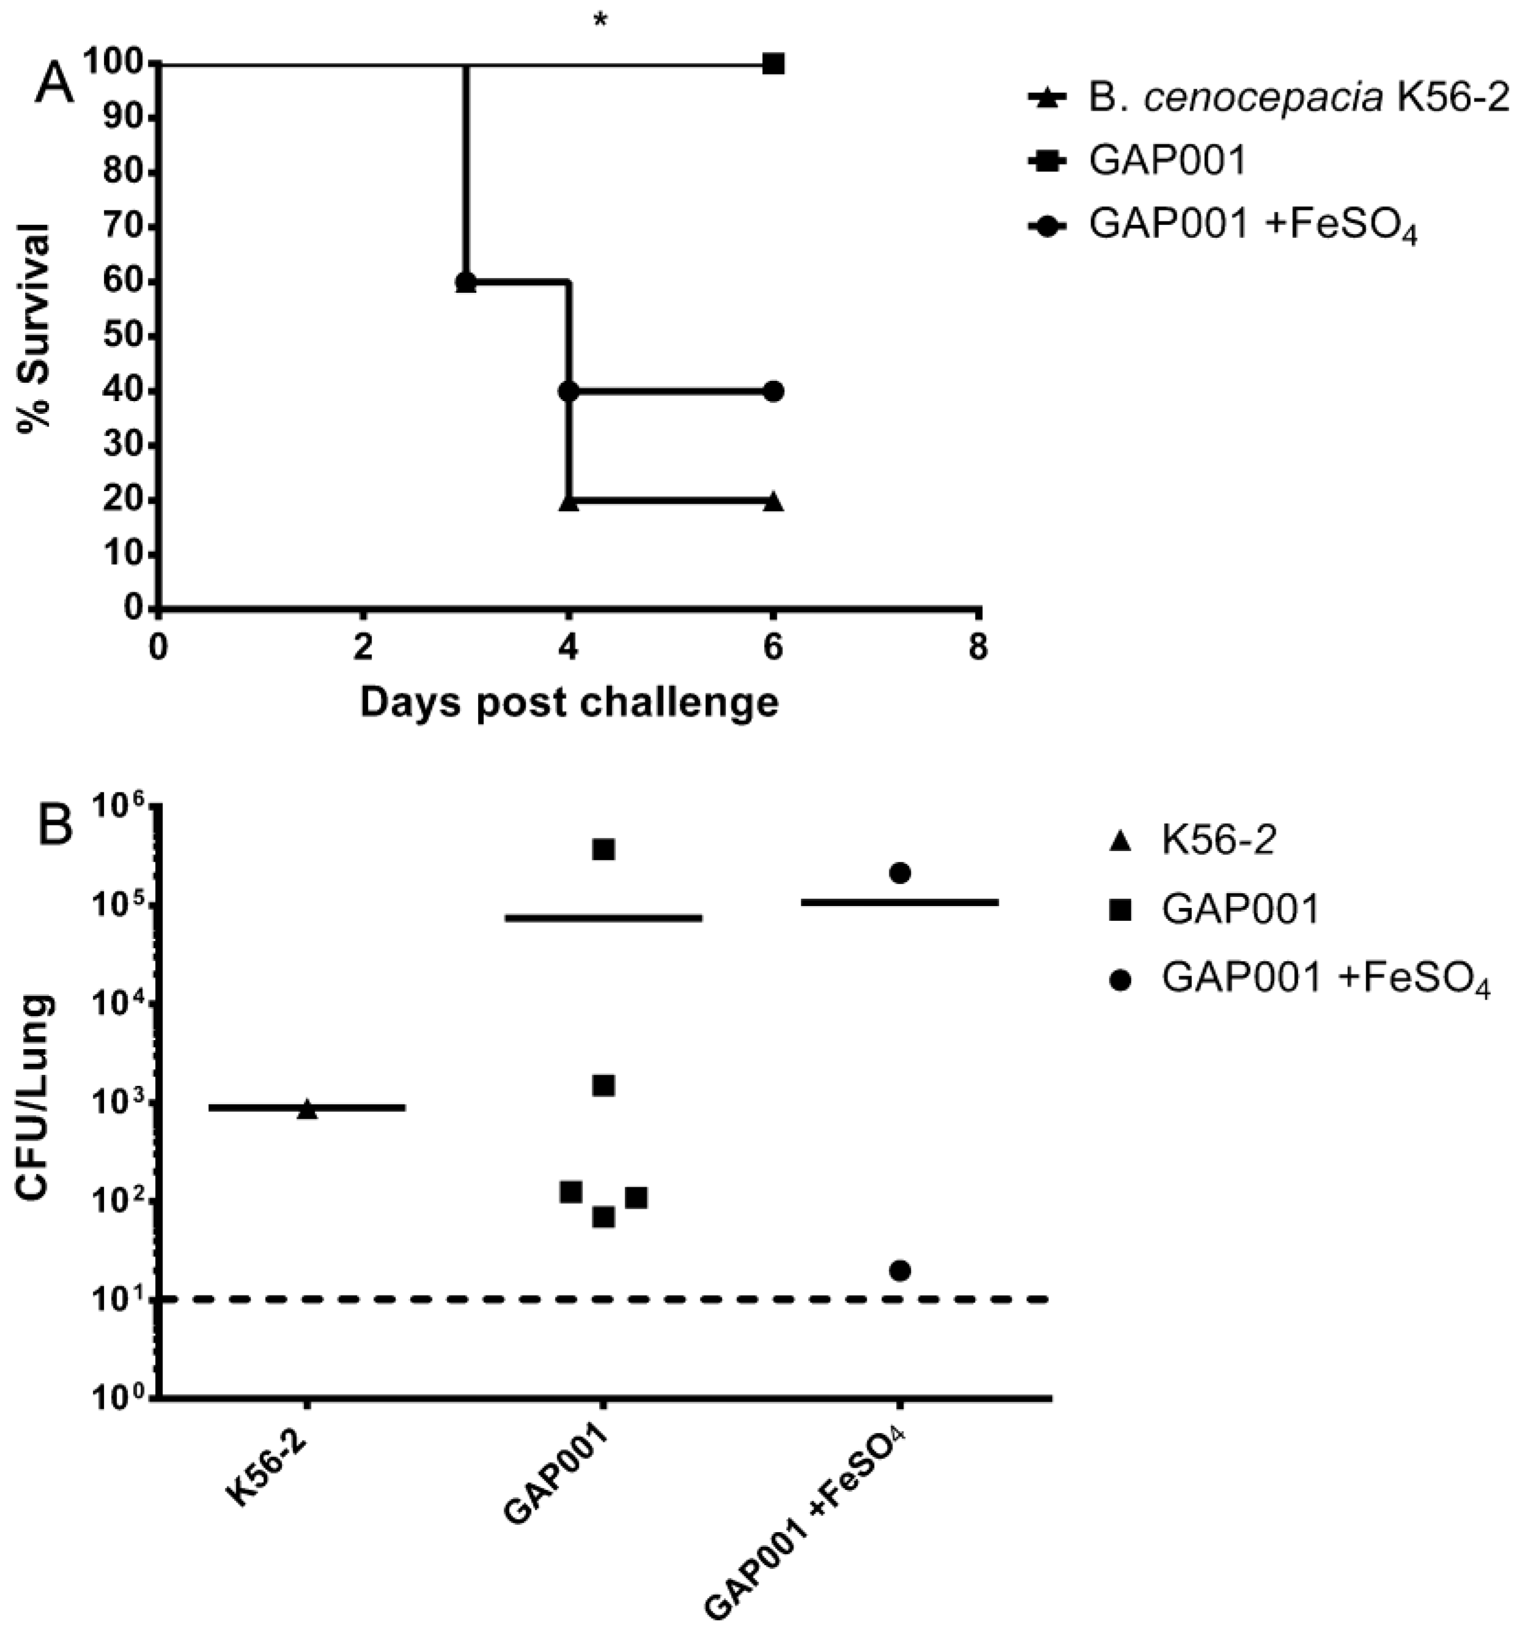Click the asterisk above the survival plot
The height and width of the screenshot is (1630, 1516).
coord(600,21)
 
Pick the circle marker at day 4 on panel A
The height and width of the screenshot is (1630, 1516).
coord(568,391)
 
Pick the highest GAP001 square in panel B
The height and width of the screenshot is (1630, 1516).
coord(603,849)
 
